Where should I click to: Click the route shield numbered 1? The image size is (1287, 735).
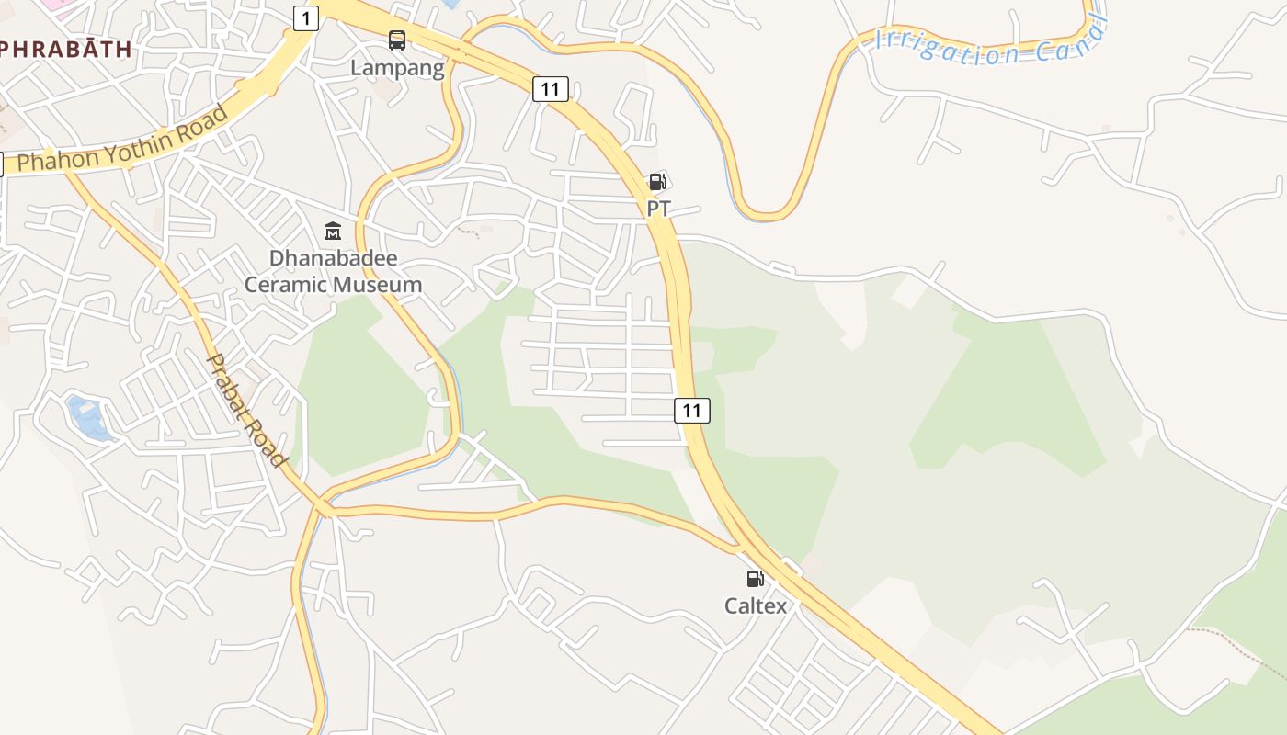click(x=306, y=17)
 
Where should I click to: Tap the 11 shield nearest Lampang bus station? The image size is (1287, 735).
click(x=550, y=89)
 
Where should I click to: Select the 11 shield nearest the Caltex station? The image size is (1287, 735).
click(x=691, y=411)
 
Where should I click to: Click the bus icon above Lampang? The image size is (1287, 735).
click(x=397, y=40)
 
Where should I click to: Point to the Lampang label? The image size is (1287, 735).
click(x=397, y=68)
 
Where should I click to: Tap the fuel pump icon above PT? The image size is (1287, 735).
click(x=657, y=182)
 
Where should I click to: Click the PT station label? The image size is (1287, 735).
click(x=658, y=209)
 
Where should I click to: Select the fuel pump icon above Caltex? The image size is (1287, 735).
click(x=755, y=578)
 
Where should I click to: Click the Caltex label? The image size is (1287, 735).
click(x=756, y=605)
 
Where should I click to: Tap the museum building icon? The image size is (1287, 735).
click(x=333, y=230)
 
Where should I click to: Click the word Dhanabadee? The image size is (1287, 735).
click(x=333, y=257)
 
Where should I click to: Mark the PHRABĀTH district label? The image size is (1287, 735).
click(x=64, y=49)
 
